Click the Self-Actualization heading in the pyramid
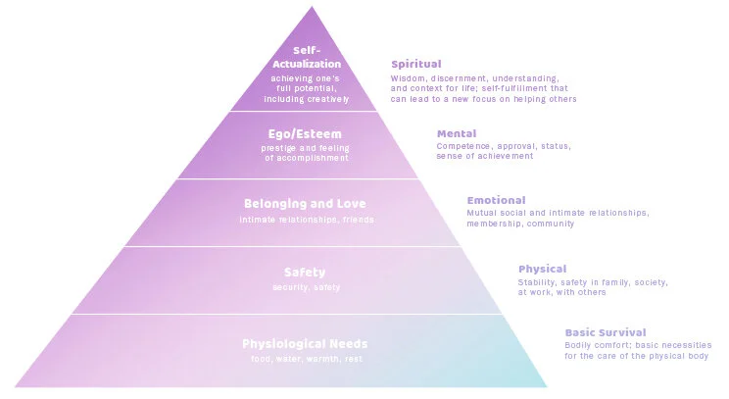307,58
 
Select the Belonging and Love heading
306,204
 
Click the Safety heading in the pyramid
306,273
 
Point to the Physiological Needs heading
305,343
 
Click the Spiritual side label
415,64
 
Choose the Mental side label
457,133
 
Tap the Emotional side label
496,200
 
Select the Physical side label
542,269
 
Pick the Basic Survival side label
605,332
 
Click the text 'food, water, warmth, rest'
306,359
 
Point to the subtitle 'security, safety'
306,287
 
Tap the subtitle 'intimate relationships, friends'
306,219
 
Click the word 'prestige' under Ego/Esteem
278,147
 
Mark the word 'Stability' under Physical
536,281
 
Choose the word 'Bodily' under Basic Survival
579,344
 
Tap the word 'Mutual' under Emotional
482,213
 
